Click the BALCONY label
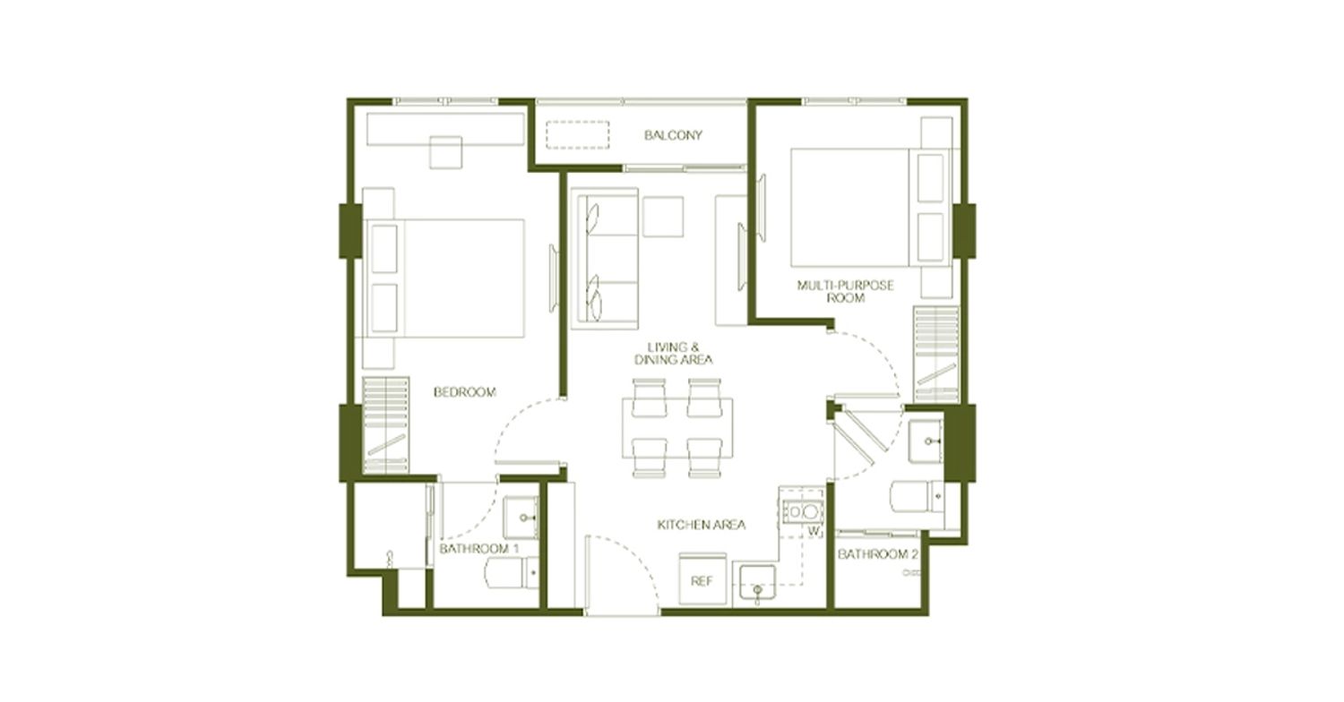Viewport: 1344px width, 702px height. [673, 135]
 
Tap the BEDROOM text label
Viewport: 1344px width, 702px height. [465, 392]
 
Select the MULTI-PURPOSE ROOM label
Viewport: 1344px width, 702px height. [846, 291]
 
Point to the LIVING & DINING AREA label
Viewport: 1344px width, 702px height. [673, 354]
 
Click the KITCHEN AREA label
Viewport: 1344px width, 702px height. [702, 525]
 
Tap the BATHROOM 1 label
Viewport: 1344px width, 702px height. [478, 549]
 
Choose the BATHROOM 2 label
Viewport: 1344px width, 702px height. [877, 554]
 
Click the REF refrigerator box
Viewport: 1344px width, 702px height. [702, 579]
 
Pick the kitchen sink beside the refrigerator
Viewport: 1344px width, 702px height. [757, 583]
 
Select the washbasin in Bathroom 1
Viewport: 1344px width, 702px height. [521, 518]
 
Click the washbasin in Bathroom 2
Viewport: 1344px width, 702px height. [926, 441]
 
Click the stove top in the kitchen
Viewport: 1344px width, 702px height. [803, 511]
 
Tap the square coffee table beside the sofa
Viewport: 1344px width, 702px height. [663, 217]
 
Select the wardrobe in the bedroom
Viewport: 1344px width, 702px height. [386, 425]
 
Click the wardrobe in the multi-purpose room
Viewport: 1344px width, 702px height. [936, 355]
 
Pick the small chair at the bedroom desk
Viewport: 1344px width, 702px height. [446, 152]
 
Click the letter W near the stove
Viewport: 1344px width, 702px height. [814, 531]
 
